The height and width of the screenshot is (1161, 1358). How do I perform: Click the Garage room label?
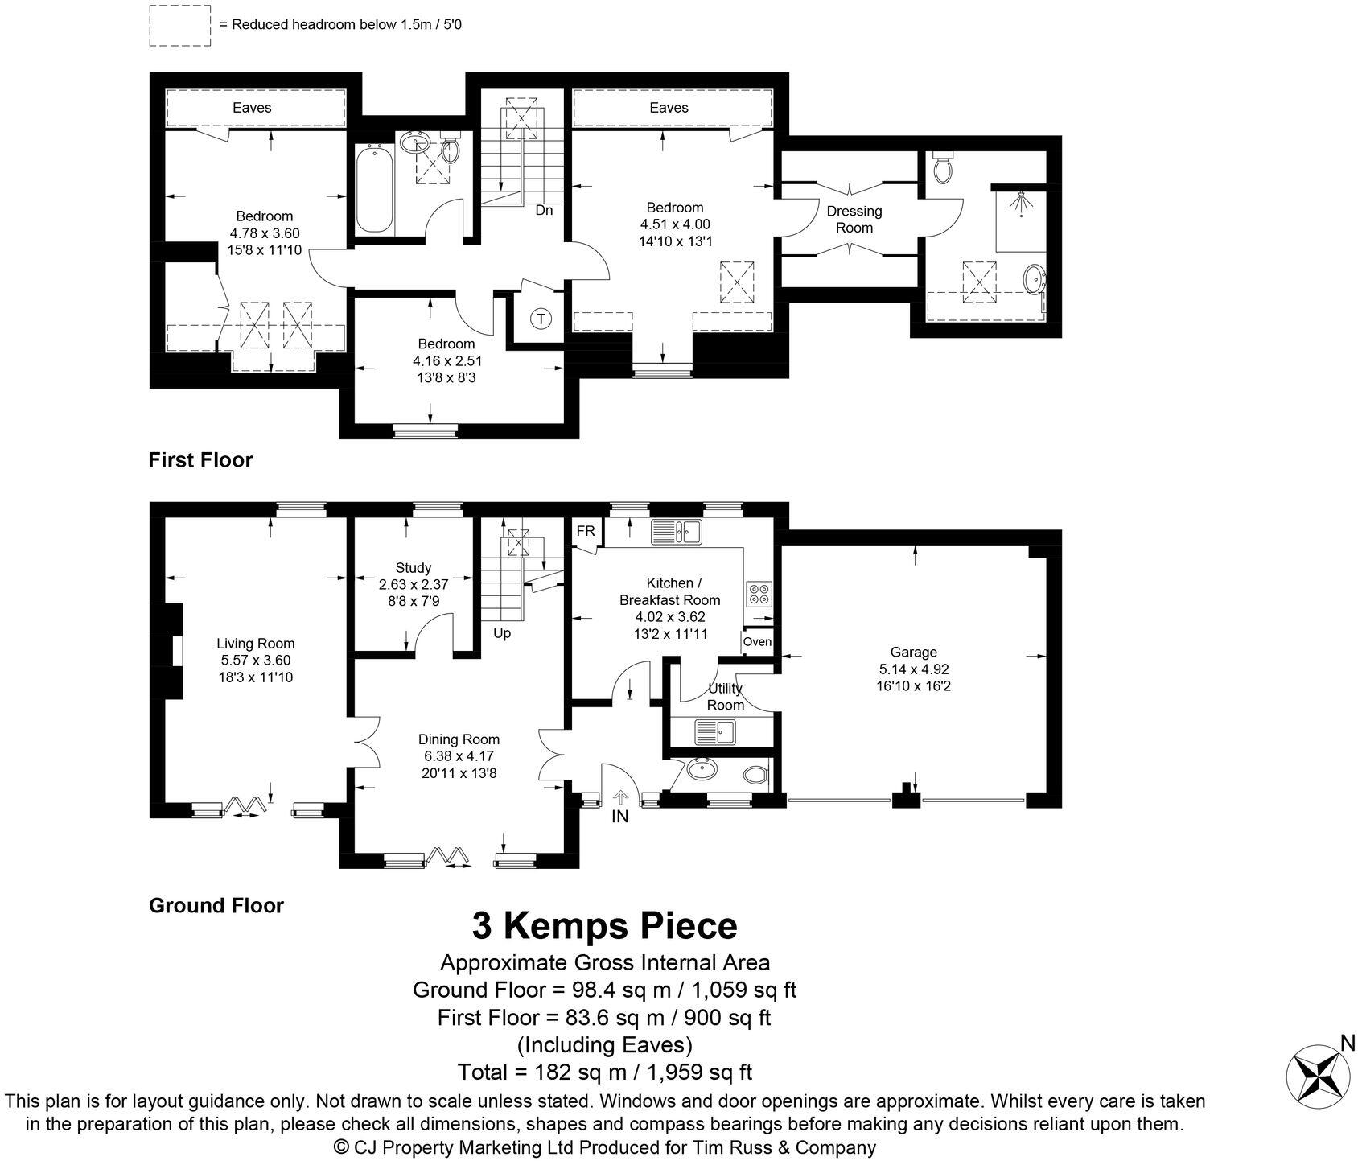tap(913, 653)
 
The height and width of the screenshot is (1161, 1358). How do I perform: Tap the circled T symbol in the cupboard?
tap(541, 319)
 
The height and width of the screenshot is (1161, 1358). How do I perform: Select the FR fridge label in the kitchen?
tap(586, 531)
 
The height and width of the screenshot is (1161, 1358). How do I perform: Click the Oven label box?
tap(757, 642)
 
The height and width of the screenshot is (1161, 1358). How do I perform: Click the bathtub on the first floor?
tap(375, 189)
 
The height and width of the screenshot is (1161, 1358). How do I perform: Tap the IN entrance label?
tap(619, 817)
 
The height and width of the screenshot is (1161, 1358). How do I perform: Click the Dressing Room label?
tap(854, 219)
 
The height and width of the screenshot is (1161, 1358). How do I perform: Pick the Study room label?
tap(414, 568)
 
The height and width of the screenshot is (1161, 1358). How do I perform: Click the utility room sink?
tap(714, 731)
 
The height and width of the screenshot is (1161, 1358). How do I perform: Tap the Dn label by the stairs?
tap(545, 211)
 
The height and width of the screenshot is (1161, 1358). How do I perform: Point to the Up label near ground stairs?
tap(502, 633)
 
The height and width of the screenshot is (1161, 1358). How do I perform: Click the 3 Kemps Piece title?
tap(604, 925)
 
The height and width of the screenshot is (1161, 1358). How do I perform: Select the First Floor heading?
tap(201, 460)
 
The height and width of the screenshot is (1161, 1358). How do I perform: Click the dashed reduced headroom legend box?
tap(179, 25)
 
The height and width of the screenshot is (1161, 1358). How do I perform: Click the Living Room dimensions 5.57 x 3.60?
tap(256, 661)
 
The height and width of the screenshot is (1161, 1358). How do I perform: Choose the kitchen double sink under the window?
tap(677, 531)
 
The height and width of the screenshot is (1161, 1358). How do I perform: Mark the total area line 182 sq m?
tap(604, 1072)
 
